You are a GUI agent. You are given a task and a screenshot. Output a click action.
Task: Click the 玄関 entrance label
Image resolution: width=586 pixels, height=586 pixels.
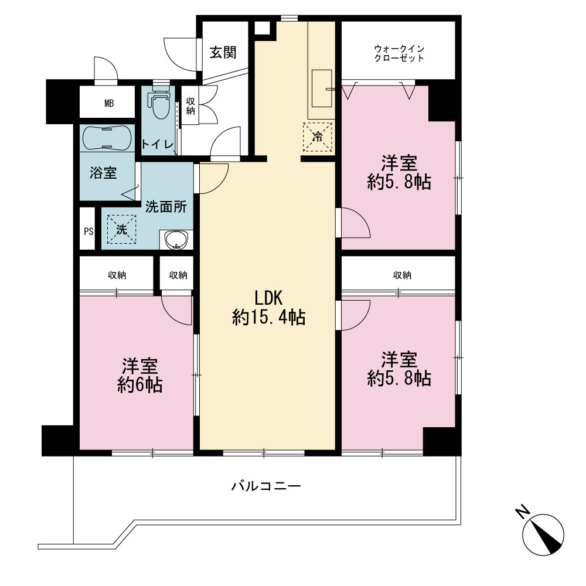[223, 52]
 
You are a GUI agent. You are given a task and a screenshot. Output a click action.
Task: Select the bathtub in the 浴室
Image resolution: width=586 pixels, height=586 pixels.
[107, 138]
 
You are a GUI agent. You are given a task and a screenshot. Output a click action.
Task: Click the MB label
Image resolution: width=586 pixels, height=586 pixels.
[109, 103]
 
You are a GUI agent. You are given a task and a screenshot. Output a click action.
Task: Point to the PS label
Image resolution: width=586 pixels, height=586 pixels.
[88, 231]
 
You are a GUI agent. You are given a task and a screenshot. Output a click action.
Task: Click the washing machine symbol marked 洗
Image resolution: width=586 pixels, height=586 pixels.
[121, 230]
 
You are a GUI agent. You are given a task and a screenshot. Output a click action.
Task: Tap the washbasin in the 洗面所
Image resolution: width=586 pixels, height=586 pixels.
[176, 240]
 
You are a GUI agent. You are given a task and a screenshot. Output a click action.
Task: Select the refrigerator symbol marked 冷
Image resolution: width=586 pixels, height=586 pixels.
[317, 137]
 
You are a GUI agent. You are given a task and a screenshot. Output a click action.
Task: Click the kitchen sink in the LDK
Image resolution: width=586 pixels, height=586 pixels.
[322, 88]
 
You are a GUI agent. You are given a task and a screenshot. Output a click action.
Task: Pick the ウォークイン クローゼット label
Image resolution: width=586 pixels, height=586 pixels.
[399, 53]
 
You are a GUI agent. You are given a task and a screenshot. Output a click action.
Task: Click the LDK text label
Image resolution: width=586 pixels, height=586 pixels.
[268, 298]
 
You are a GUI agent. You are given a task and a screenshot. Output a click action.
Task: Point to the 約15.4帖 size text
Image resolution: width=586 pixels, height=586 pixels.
[269, 318]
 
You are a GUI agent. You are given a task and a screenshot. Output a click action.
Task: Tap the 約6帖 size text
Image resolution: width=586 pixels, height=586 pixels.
[140, 386]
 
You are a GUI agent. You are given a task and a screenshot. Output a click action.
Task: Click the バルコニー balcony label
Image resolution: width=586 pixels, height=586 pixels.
[265, 486]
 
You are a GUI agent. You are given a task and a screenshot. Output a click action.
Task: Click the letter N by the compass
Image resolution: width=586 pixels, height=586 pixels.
[522, 512]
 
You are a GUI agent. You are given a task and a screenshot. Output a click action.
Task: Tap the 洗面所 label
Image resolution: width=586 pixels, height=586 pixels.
[166, 207]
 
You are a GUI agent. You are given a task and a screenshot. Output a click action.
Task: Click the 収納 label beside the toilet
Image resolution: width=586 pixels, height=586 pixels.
[190, 105]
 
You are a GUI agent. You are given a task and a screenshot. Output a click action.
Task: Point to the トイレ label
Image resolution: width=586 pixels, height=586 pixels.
[157, 145]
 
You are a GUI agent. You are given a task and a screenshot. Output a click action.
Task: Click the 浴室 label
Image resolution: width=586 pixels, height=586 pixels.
[103, 173]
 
